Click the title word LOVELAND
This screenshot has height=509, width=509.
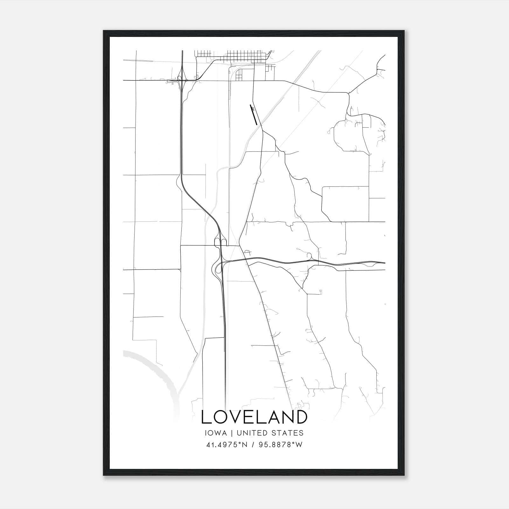tap(254, 417)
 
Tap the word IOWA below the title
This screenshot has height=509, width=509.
tap(216, 433)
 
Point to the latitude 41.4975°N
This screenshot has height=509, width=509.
tap(226, 445)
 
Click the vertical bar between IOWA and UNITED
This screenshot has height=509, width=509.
tap(232, 433)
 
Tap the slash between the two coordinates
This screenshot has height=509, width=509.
tap(253, 445)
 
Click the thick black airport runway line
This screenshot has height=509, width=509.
tap(254, 115)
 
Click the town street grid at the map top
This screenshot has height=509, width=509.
tap(234, 57)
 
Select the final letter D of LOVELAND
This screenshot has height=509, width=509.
tap(302, 417)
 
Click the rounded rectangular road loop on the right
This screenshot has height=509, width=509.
tap(345, 204)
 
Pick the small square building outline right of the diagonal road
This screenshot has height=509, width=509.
tap(321, 292)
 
